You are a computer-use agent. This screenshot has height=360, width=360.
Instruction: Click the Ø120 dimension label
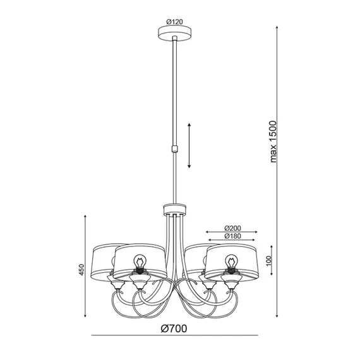point(175,22)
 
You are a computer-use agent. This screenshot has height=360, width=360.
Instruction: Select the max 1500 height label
point(273,141)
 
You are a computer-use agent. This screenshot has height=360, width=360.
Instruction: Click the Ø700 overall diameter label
point(174,329)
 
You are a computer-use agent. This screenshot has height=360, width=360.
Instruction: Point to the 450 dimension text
point(81,270)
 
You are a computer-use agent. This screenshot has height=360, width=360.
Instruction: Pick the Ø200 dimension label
point(233,228)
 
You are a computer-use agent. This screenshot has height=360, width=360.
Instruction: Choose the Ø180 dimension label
point(233,236)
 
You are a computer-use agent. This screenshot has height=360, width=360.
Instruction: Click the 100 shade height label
point(268,260)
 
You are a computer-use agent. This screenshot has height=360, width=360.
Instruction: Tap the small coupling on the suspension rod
point(175,149)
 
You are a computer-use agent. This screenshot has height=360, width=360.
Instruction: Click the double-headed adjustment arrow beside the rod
point(189,145)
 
